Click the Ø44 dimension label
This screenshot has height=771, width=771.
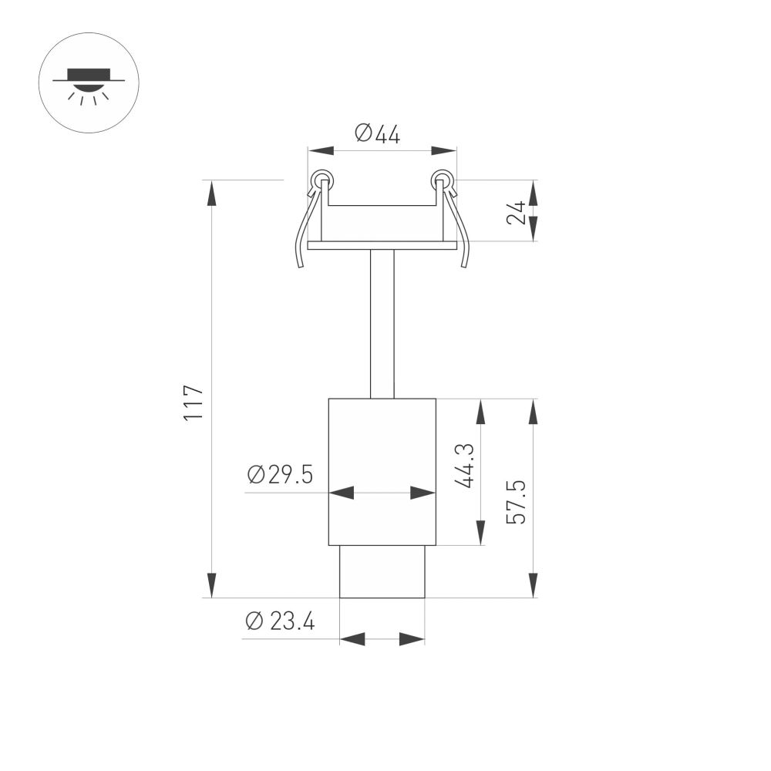pyautogui.click(x=378, y=134)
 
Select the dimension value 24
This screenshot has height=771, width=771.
pyautogui.click(x=517, y=212)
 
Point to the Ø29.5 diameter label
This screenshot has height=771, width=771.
pyautogui.click(x=280, y=475)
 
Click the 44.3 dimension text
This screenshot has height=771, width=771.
pyautogui.click(x=463, y=466)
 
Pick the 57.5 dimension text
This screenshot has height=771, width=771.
pyautogui.click(x=516, y=502)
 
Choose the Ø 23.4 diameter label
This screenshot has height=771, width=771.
pyautogui.click(x=280, y=621)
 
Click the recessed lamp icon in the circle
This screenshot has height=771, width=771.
pyautogui.click(x=88, y=82)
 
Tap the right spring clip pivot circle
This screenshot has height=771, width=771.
pyautogui.click(x=442, y=180)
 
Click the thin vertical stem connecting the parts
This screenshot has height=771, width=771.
pyautogui.click(x=382, y=324)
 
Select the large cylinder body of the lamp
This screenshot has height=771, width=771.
pyautogui.click(x=382, y=447)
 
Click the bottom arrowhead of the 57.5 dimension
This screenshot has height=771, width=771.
pyautogui.click(x=533, y=586)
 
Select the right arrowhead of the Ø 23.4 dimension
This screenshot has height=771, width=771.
pyautogui.click(x=412, y=638)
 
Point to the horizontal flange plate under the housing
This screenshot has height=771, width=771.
pyautogui.click(x=382, y=246)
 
